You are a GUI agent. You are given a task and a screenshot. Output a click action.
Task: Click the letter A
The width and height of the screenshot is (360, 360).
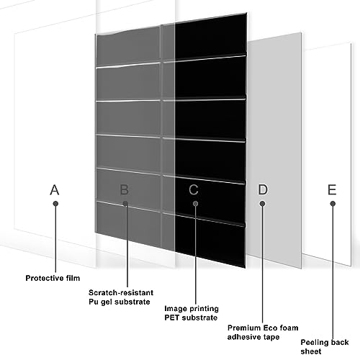tap(55, 189)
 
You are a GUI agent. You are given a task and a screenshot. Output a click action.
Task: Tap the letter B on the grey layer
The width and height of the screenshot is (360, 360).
tap(125, 189)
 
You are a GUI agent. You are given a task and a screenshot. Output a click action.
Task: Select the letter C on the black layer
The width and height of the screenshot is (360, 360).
tap(194, 189)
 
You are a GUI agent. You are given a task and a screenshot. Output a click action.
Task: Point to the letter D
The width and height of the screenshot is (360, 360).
tap(263, 189)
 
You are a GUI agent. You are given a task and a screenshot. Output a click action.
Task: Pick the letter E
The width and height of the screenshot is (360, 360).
tap(332, 189)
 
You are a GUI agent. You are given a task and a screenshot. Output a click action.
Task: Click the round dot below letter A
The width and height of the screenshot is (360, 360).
tap(55, 204)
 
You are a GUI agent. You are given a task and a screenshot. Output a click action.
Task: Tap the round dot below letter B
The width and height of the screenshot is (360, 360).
tap(125, 204)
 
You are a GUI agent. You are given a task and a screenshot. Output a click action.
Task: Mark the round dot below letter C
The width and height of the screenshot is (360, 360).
tap(196, 204)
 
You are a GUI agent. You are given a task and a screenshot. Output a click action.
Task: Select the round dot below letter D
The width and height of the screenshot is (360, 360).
tap(263, 204)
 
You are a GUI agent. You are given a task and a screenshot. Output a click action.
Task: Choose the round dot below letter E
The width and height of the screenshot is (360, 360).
tap(333, 204)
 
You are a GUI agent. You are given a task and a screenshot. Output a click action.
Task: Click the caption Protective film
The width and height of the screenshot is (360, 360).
tap(53, 278)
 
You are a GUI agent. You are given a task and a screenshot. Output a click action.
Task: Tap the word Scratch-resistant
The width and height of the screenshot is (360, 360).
tap(121, 292)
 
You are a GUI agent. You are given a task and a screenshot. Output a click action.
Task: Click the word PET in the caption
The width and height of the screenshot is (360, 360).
tap(172, 318)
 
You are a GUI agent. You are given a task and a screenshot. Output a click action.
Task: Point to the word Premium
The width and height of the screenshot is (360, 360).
tap(244, 328)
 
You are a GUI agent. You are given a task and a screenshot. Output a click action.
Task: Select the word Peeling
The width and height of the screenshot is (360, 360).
tap(315, 343)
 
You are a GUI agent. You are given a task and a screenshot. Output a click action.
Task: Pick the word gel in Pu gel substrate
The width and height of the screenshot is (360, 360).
tap(105, 302)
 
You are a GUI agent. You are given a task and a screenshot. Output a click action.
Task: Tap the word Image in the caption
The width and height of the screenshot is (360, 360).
tap(175, 309)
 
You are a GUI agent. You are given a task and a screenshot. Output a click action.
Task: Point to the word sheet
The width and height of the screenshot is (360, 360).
tap(311, 351)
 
